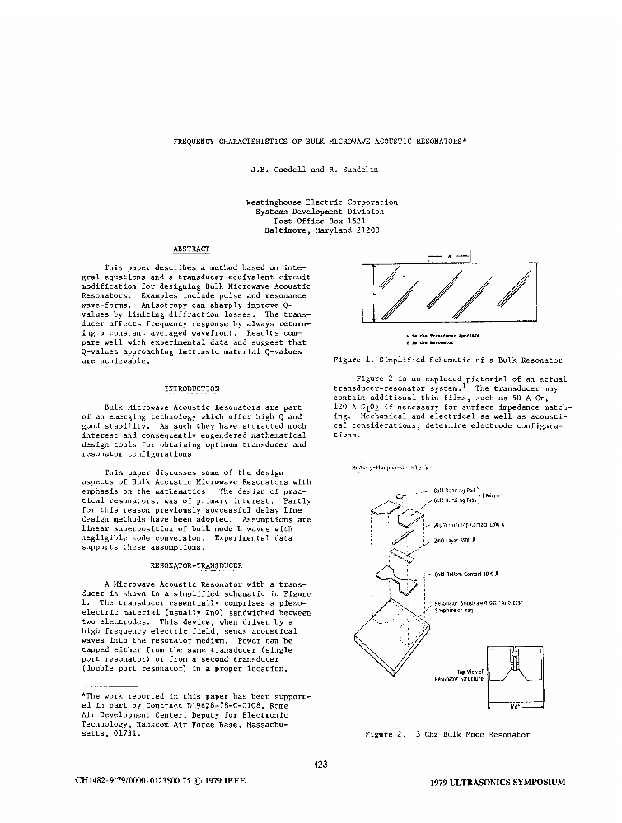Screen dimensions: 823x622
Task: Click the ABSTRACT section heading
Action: point(191,249)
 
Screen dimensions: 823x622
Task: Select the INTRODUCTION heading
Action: point(192,388)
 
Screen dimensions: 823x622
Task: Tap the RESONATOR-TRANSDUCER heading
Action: point(195,566)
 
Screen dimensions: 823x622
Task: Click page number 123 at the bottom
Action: point(321,765)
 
